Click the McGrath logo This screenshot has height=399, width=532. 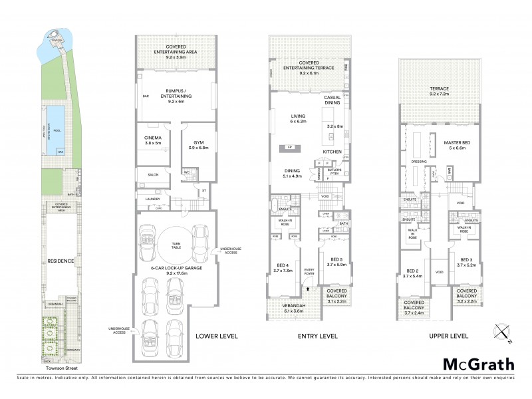tap(479, 364)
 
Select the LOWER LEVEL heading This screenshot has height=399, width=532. tap(217, 336)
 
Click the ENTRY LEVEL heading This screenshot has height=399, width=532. tap(319, 336)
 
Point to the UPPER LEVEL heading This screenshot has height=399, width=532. tap(449, 336)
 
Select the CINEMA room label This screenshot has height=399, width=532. tap(153, 140)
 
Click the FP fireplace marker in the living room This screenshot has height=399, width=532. tap(289, 147)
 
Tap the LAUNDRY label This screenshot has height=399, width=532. tap(153, 199)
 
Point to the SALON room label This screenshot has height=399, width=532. tap(152, 175)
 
